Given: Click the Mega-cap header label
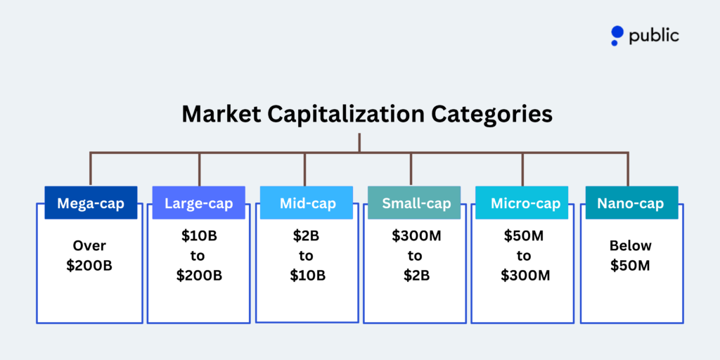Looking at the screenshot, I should pyautogui.click(x=91, y=204).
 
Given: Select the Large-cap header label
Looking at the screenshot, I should pyautogui.click(x=199, y=204).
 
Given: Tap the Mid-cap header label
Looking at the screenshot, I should pyautogui.click(x=307, y=204).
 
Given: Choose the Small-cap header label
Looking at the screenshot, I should pyautogui.click(x=416, y=204).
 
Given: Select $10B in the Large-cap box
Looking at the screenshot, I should pyautogui.click(x=199, y=236).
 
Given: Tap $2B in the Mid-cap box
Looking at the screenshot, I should pyautogui.click(x=307, y=236).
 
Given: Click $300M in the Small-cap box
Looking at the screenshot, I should pyautogui.click(x=416, y=236).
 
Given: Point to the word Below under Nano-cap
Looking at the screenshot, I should pyautogui.click(x=631, y=246).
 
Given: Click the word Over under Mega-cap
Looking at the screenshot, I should pyautogui.click(x=89, y=246).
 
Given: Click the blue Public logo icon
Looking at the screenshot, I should pyautogui.click(x=617, y=35).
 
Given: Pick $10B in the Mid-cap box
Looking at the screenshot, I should pyautogui.click(x=307, y=275).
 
